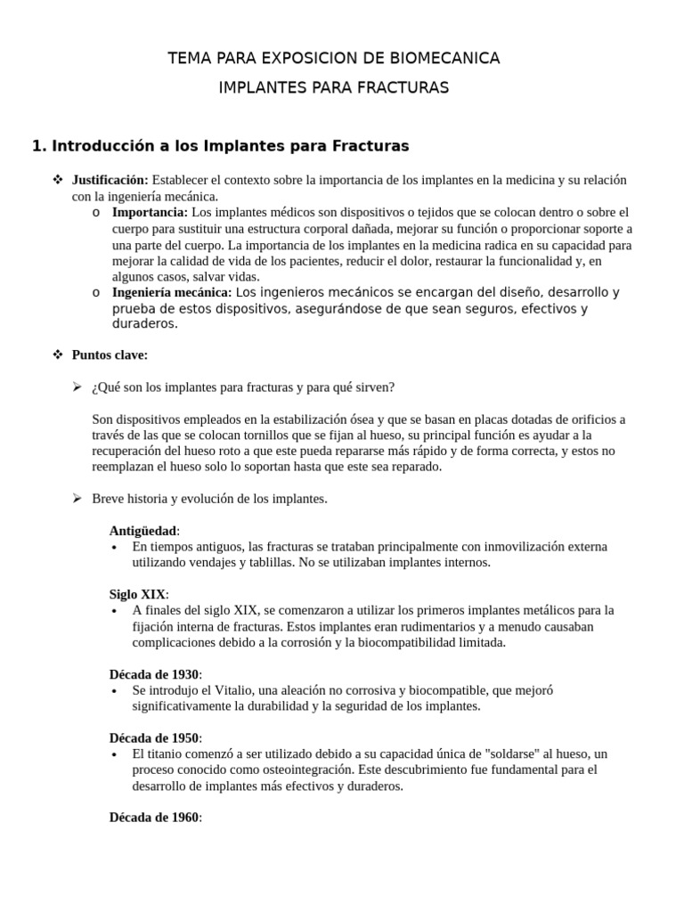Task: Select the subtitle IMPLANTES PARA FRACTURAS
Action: (x=334, y=87)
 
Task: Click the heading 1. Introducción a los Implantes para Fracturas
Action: (x=220, y=145)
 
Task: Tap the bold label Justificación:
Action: (x=110, y=180)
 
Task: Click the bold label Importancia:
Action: (x=150, y=212)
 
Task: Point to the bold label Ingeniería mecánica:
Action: (x=172, y=292)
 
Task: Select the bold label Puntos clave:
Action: (x=110, y=354)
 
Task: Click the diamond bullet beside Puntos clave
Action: (x=58, y=354)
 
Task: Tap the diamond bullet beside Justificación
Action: (x=58, y=180)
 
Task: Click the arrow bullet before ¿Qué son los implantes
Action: (x=77, y=387)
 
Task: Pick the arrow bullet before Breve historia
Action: (x=77, y=499)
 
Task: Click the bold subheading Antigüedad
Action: (x=142, y=531)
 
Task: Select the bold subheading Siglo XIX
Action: (x=137, y=594)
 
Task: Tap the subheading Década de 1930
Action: (x=155, y=674)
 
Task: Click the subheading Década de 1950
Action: (x=155, y=738)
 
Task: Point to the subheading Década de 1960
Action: (x=155, y=818)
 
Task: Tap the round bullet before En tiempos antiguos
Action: (x=118, y=547)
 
